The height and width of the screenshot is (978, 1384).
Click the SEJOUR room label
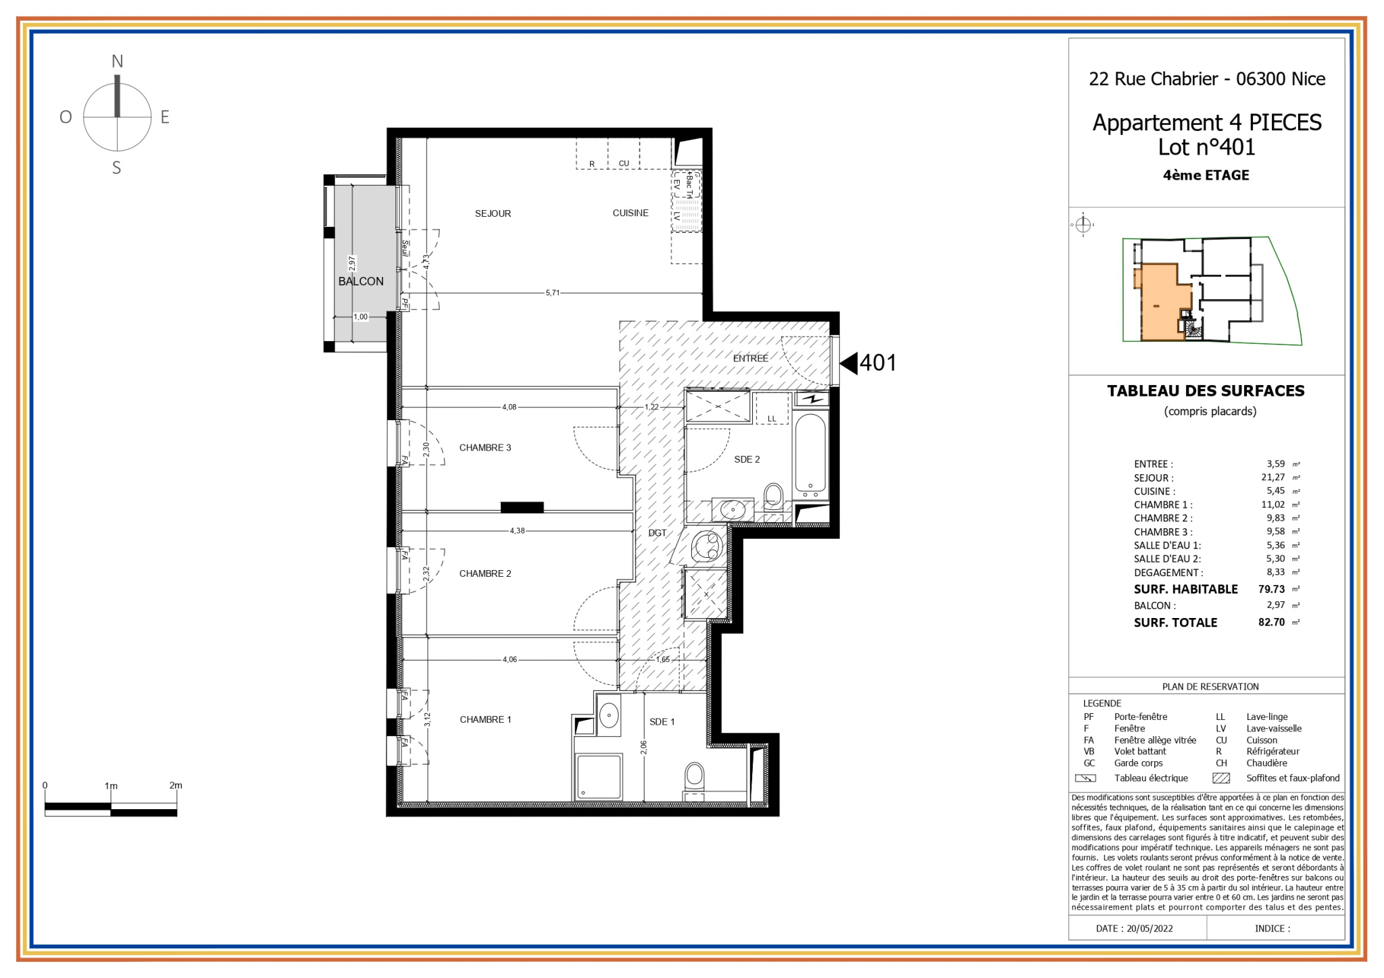click(493, 213)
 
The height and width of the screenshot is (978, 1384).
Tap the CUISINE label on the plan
click(631, 213)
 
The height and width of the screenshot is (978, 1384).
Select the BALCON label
click(361, 281)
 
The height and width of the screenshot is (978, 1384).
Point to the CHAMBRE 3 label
click(485, 447)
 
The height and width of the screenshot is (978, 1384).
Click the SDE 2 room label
click(747, 459)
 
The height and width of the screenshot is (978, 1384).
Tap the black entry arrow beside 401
click(848, 363)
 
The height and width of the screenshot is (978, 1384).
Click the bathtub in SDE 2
click(811, 453)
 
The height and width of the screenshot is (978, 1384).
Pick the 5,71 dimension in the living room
click(552, 292)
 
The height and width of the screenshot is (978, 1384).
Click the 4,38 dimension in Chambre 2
click(517, 531)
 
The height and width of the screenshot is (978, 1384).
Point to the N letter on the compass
click(117, 61)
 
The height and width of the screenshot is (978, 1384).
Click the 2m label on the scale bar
click(176, 785)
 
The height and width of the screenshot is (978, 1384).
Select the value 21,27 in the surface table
click(1272, 477)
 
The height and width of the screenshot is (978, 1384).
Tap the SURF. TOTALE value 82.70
click(1271, 622)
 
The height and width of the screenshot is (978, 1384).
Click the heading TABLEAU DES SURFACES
click(1206, 390)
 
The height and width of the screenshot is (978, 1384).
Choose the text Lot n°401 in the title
click(1206, 147)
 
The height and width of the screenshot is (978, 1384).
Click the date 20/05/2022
click(1150, 928)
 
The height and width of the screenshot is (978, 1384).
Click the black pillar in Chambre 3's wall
click(522, 507)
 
